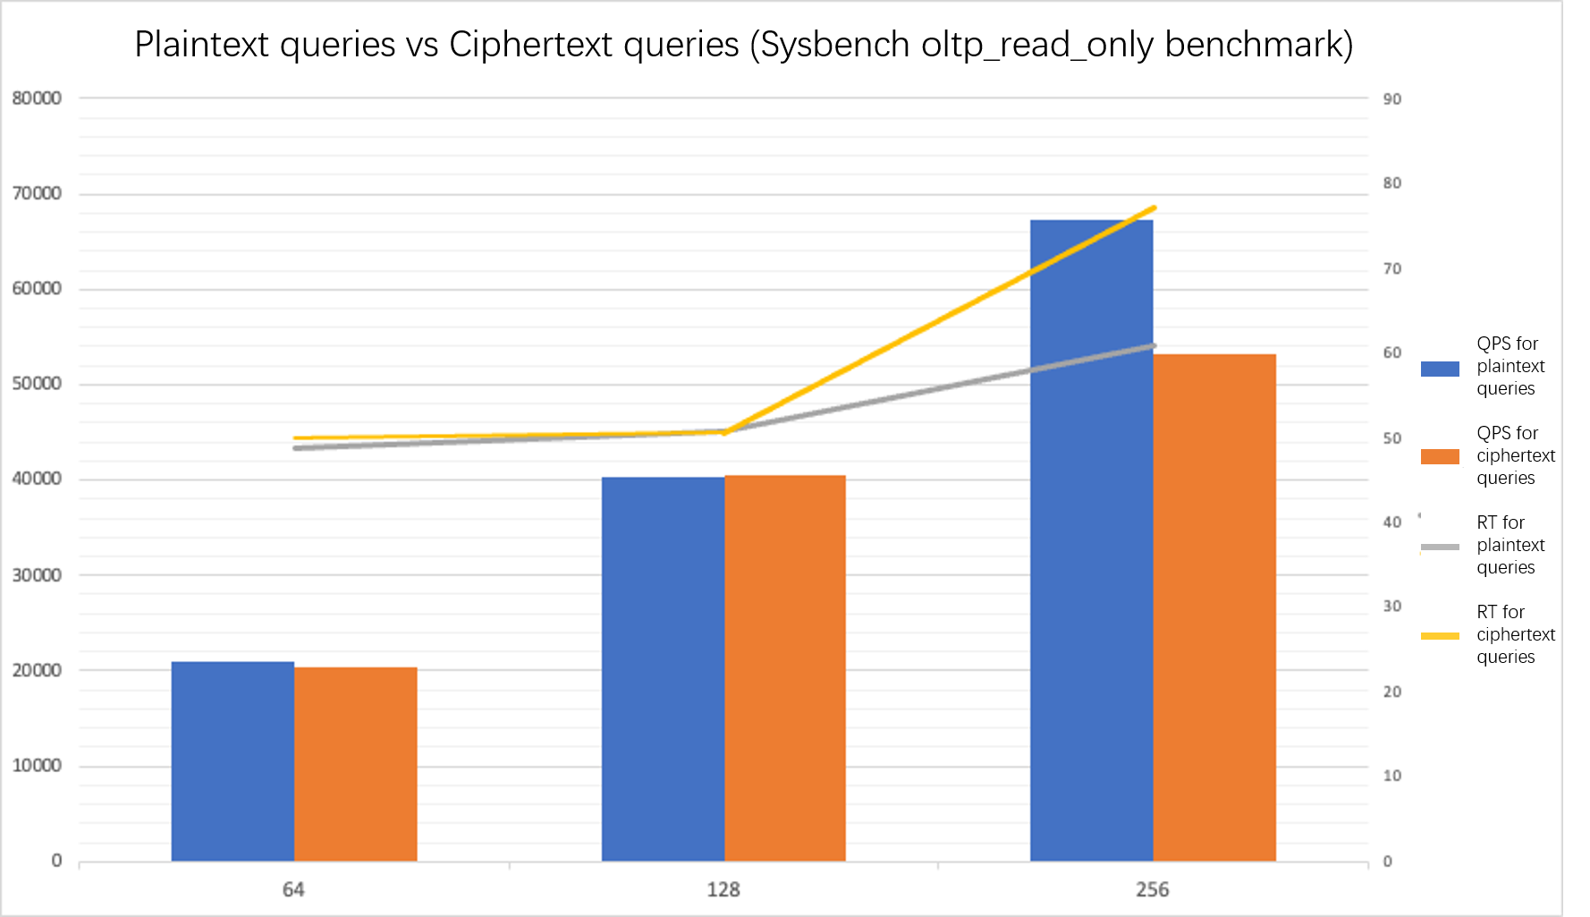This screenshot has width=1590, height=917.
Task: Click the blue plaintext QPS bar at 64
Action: (233, 761)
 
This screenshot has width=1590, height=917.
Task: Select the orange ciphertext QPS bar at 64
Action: (355, 764)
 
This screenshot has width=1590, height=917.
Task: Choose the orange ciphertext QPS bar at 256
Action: (1214, 607)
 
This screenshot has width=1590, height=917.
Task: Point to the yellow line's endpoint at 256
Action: (1154, 208)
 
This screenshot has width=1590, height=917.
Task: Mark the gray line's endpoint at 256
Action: (1154, 345)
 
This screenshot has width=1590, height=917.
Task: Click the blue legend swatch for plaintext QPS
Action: (1440, 369)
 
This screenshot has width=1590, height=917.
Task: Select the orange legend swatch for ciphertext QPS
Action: (1440, 456)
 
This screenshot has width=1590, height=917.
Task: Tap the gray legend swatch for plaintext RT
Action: (1440, 547)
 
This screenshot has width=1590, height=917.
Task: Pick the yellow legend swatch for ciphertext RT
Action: (1440, 636)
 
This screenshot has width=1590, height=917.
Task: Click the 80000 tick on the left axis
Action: (37, 98)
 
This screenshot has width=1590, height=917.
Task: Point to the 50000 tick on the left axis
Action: (37, 384)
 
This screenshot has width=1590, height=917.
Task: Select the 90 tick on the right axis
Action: (1391, 99)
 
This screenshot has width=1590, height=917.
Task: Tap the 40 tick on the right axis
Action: (1391, 522)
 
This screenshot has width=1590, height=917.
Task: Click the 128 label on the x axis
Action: (723, 889)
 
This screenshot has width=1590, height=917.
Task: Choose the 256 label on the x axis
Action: (1152, 889)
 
